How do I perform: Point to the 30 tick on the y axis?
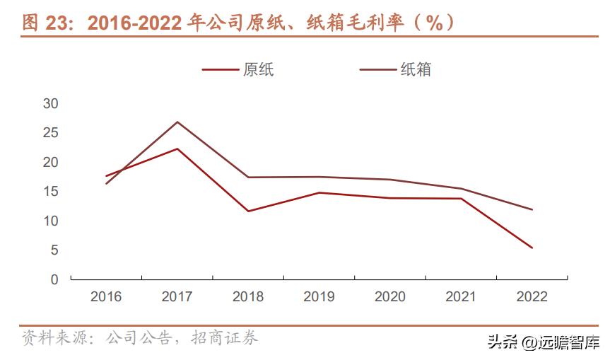click(51, 103)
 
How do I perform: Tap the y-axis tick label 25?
click(51, 133)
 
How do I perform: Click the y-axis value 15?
click(51, 192)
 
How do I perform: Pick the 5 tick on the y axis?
click(54, 250)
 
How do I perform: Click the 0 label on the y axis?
click(54, 280)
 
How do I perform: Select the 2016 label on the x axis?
click(106, 297)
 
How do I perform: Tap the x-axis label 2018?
click(248, 297)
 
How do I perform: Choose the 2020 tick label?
click(390, 297)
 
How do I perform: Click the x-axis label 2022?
click(532, 297)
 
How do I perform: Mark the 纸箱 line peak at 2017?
click(177, 122)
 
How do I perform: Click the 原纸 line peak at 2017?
click(177, 149)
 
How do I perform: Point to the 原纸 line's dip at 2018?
click(248, 211)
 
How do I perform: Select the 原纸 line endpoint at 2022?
click(532, 248)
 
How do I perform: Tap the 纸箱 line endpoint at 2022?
click(532, 209)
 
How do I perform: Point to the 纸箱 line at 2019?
click(319, 177)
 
